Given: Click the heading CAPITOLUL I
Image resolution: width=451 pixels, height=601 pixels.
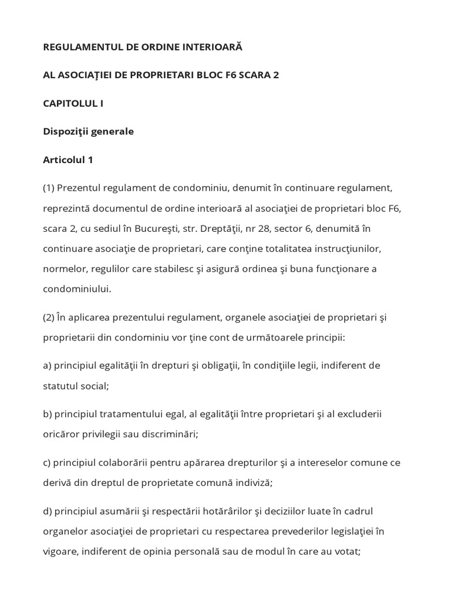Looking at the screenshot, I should click(73, 103).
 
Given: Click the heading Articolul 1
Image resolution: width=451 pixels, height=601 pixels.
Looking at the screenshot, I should click(68, 159).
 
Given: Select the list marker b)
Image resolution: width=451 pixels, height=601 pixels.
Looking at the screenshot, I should click(48, 414).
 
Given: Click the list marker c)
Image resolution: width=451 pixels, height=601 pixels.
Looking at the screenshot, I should click(47, 462).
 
